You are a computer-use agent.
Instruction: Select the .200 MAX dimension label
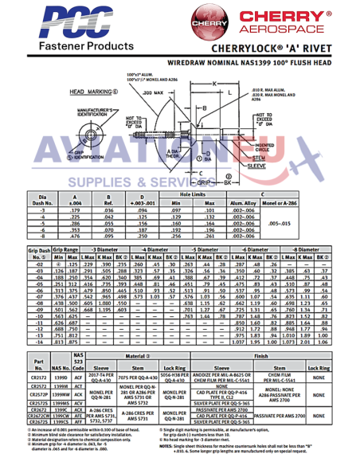(156, 92)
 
